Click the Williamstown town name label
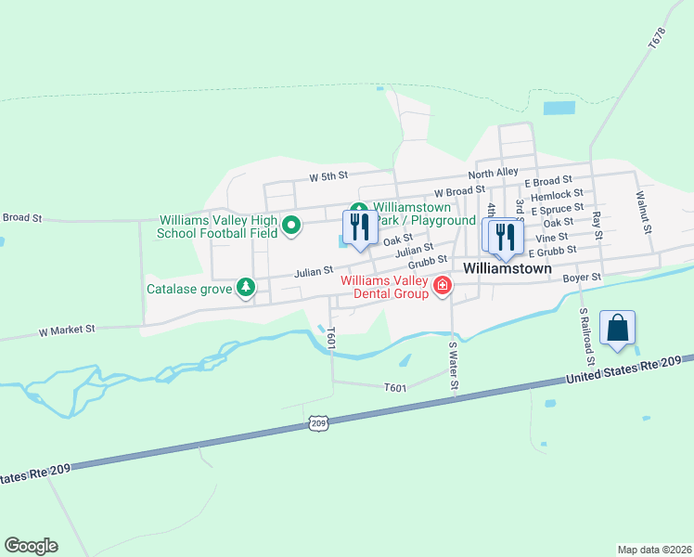click(x=507, y=268)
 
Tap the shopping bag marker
click(x=617, y=329)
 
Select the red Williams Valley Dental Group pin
click(x=443, y=286)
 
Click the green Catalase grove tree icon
click(x=246, y=288)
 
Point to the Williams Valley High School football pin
click(x=291, y=226)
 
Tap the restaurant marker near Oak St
click(x=359, y=227)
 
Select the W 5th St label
click(x=328, y=175)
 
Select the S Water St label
click(x=453, y=370)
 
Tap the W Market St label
click(x=67, y=330)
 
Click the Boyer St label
click(x=583, y=277)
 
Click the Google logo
click(x=31, y=546)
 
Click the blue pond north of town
click(x=559, y=109)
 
